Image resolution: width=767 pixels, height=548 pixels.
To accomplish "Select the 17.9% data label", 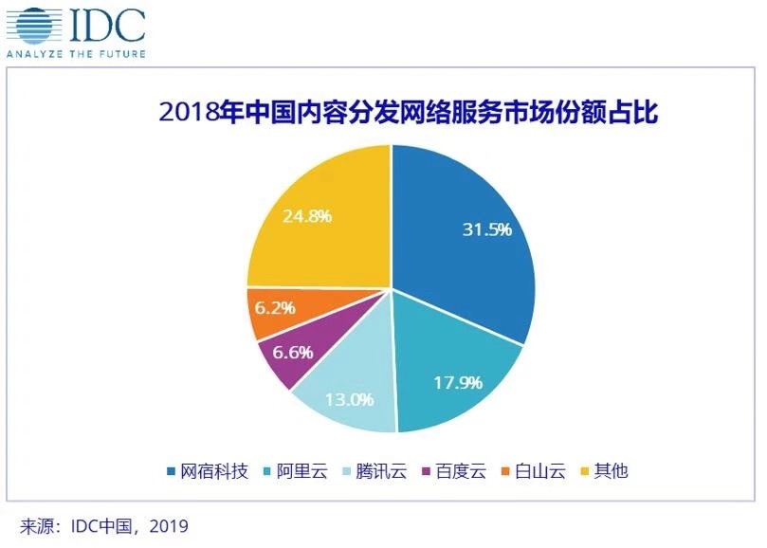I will click(459, 383).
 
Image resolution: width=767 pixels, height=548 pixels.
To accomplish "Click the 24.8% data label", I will click(306, 215).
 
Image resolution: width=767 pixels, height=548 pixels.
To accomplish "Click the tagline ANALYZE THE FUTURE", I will click(76, 54).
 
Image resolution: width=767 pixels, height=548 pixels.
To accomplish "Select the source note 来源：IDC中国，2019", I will click(104, 524).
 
